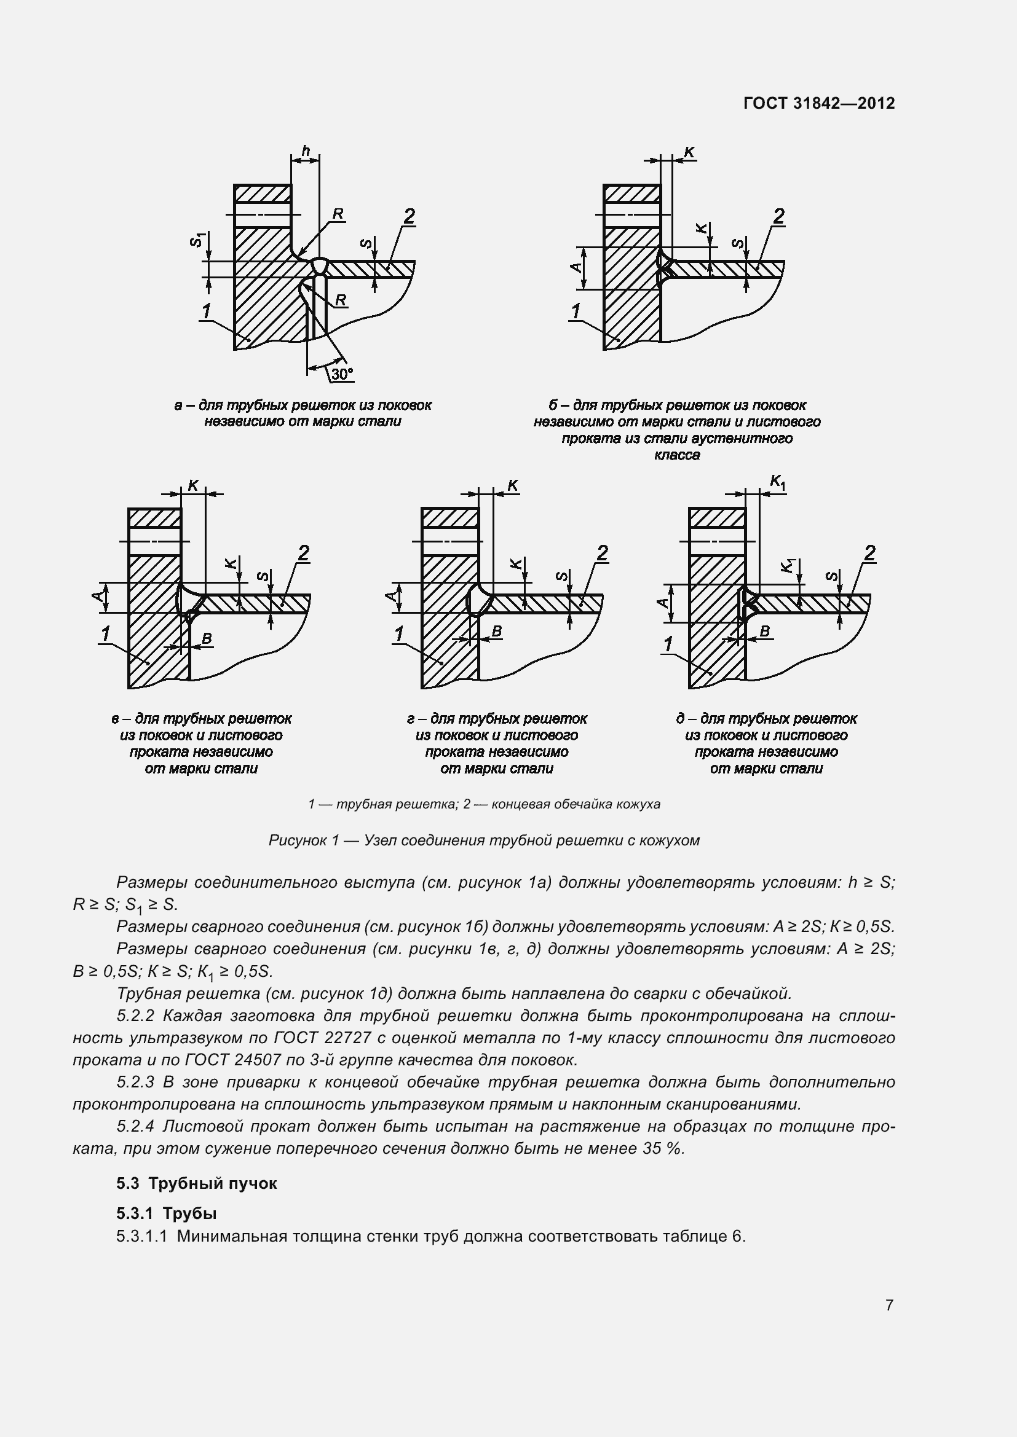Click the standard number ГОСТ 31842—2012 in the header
tap(819, 103)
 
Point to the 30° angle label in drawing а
tap(342, 374)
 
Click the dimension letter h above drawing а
tap(306, 151)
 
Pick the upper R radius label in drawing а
tap(338, 214)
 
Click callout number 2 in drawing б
tap(778, 216)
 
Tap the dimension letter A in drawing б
tap(576, 268)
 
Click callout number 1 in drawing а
tap(207, 311)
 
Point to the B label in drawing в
tap(206, 638)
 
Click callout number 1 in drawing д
tap(669, 644)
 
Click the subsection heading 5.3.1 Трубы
tap(167, 1213)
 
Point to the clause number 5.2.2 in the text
tap(137, 1016)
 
